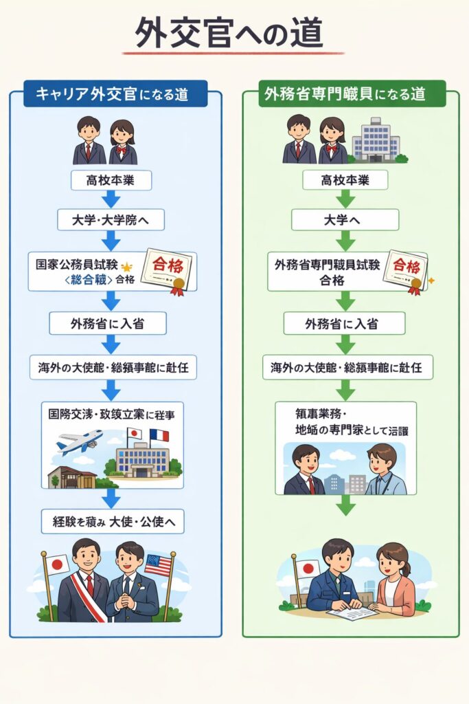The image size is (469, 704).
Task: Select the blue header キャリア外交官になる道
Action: coord(115,94)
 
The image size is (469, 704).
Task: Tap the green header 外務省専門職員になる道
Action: coord(352,94)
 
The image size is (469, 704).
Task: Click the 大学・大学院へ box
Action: coord(111,220)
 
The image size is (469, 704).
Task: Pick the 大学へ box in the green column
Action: coord(345,220)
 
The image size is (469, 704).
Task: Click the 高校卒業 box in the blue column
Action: coord(111,181)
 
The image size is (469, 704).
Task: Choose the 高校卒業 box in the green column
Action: coord(345,181)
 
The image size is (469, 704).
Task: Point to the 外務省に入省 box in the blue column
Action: coord(108,324)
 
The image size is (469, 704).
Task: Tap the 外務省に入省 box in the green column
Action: coord(345,323)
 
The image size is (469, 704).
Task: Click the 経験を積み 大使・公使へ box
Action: coord(112,522)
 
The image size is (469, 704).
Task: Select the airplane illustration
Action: coord(80,441)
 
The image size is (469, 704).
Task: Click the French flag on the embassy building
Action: coord(159,435)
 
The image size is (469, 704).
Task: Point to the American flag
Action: coord(158,565)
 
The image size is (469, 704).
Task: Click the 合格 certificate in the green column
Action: coord(404,270)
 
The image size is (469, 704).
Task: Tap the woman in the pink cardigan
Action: coord(393,580)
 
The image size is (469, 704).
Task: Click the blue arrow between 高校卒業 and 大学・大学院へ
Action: coord(111,200)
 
